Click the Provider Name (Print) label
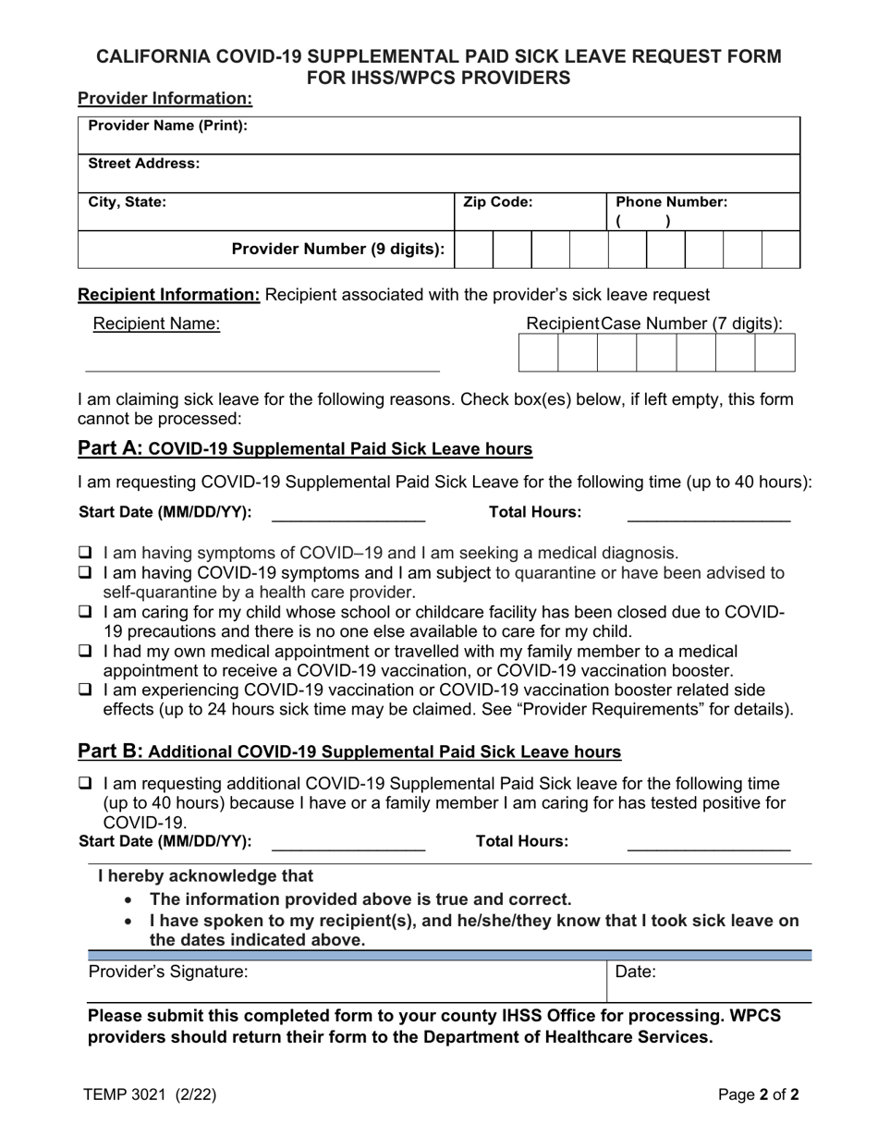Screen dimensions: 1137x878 coord(167,126)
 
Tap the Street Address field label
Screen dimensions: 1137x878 coord(143,164)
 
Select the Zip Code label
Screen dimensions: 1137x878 coord(497,202)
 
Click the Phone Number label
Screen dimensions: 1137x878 coord(671,202)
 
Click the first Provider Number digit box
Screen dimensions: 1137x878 coord(473,250)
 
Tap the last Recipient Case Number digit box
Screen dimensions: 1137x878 coord(774,353)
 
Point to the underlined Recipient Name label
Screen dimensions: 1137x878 coord(156,324)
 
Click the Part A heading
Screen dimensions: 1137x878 coord(305,449)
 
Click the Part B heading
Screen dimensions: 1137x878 coord(349,752)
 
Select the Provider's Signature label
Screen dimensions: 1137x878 coord(168,972)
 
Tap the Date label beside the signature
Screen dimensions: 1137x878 coord(635,972)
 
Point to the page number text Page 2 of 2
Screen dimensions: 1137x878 coord(759,1095)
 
